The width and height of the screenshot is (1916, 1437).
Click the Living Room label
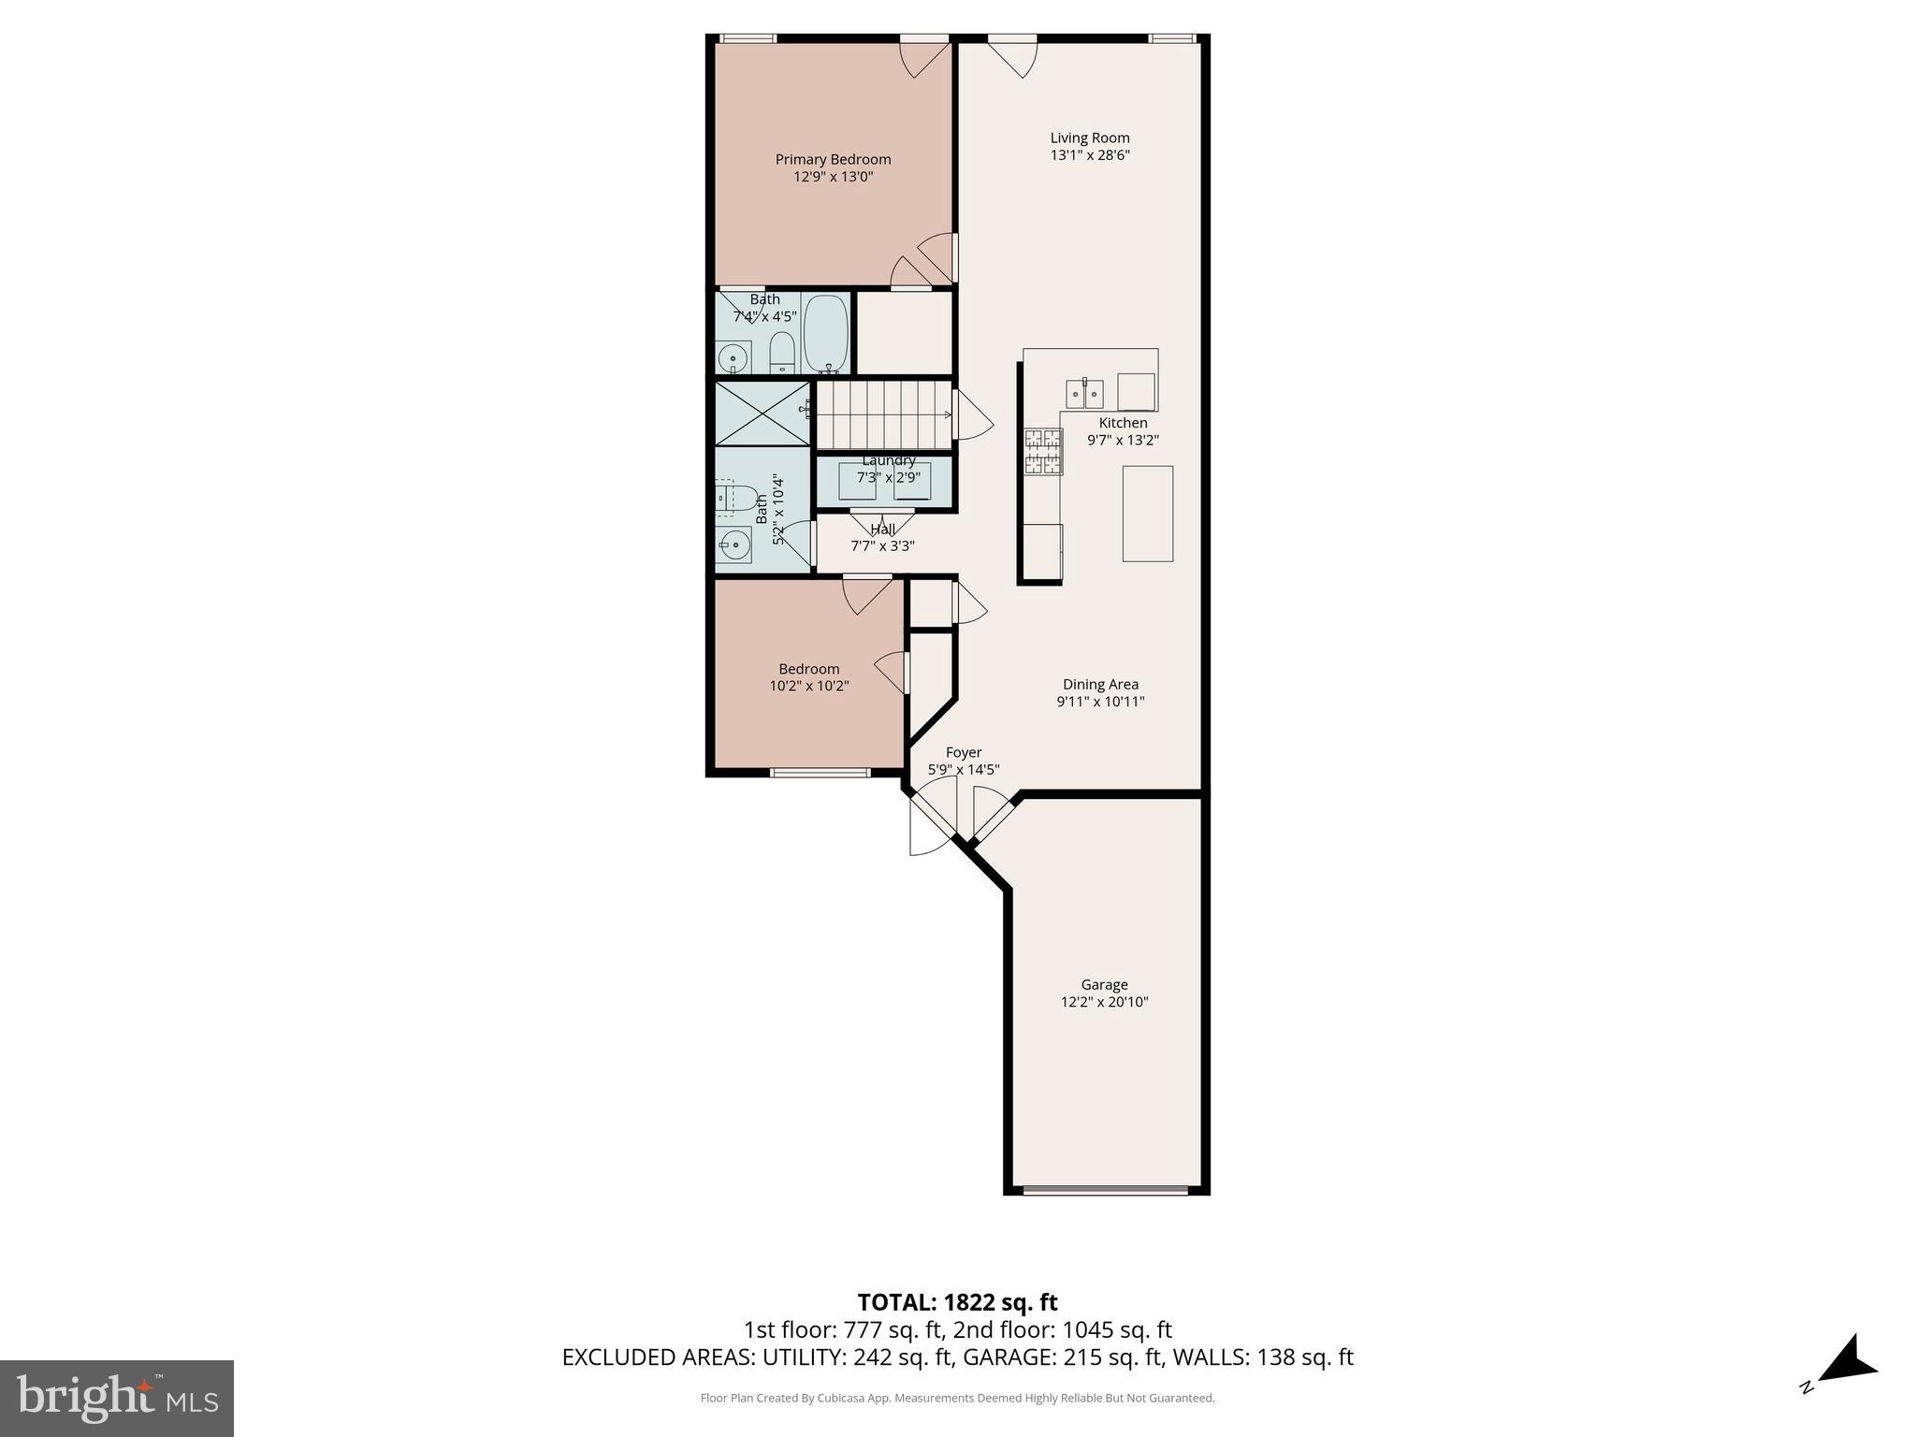(x=1089, y=138)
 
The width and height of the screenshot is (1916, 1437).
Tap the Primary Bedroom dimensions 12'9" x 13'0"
(x=833, y=176)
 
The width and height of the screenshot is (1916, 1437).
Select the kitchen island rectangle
(x=1147, y=514)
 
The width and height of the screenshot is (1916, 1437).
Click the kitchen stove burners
(x=1043, y=452)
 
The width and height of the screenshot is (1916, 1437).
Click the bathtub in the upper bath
(x=825, y=334)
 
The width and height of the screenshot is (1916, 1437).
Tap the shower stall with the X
(x=762, y=412)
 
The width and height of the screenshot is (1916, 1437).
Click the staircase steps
(x=883, y=414)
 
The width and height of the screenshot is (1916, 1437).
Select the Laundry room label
(x=888, y=460)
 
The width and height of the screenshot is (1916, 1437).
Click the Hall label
(x=882, y=530)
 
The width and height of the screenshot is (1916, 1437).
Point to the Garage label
(x=1104, y=984)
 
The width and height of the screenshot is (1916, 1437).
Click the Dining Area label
(x=1100, y=684)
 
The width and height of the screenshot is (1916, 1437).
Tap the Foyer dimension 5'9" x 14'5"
(x=964, y=770)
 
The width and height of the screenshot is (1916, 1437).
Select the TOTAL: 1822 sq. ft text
(x=957, y=1302)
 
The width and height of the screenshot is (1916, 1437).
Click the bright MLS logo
(x=117, y=1398)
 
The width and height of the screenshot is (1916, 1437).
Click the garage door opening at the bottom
(x=1105, y=1191)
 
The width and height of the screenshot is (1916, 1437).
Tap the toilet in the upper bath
(x=781, y=353)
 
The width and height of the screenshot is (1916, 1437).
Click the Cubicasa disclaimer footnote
(x=957, y=1399)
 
